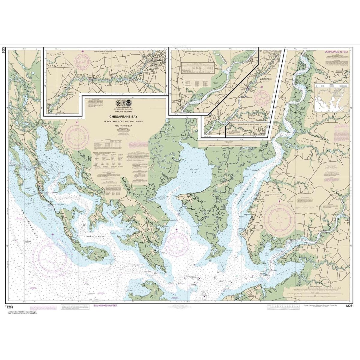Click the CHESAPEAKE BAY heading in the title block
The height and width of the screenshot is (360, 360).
(x=125, y=115)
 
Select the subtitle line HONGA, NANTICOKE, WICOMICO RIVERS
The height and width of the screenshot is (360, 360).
(x=125, y=121)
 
